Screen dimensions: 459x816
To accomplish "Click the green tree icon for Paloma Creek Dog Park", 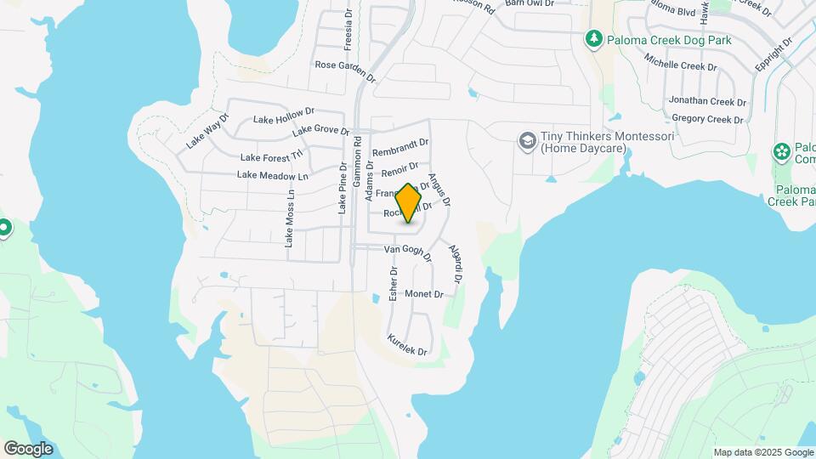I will tap(593, 38).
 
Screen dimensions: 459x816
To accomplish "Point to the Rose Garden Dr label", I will tap(345, 65).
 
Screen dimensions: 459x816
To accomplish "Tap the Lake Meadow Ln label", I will tap(272, 175).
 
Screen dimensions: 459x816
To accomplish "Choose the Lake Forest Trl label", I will tap(271, 156).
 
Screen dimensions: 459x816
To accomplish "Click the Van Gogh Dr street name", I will tap(407, 252).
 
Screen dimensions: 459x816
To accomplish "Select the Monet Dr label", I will tap(424, 294).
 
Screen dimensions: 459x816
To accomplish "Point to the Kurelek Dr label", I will tap(407, 344).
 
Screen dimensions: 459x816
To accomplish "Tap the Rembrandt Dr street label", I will tap(400, 148).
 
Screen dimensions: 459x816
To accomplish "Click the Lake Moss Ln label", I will tap(290, 218).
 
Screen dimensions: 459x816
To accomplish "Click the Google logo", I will tap(28, 449).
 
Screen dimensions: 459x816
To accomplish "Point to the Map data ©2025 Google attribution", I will tap(763, 452).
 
